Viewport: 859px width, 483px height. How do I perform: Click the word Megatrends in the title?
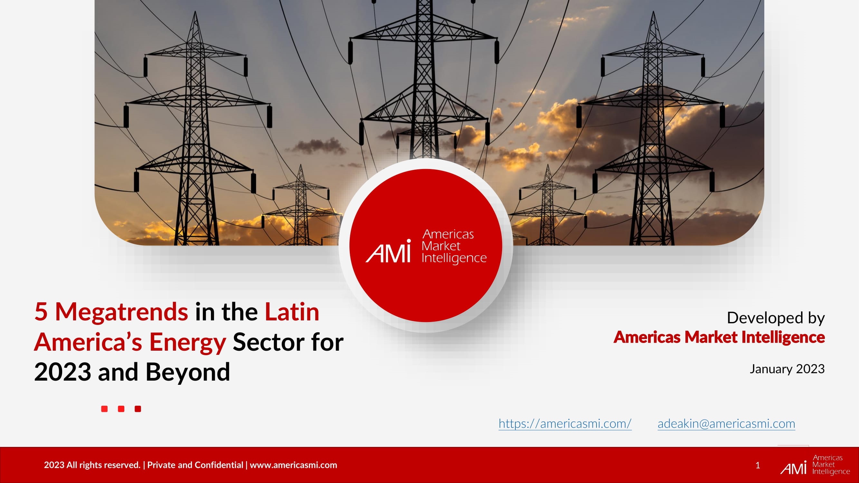pyautogui.click(x=122, y=312)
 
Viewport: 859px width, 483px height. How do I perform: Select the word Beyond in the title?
pyautogui.click(x=188, y=372)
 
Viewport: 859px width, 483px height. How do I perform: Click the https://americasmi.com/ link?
pyautogui.click(x=565, y=424)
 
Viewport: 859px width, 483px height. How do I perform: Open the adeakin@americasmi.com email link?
pyautogui.click(x=726, y=424)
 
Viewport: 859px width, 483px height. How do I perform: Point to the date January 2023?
pyautogui.click(x=787, y=369)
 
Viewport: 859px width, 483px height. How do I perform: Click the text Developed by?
pyautogui.click(x=776, y=318)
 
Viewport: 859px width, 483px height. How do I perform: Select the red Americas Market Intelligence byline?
pyautogui.click(x=719, y=337)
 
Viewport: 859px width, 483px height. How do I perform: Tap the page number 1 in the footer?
pyautogui.click(x=758, y=465)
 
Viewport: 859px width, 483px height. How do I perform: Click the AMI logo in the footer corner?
pyautogui.click(x=815, y=465)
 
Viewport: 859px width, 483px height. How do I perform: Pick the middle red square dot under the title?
pyautogui.click(x=121, y=409)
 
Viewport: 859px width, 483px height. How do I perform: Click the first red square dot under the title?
pyautogui.click(x=104, y=409)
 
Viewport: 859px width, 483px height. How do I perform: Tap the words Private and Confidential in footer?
pyautogui.click(x=195, y=465)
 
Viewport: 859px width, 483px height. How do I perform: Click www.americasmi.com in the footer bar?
pyautogui.click(x=293, y=465)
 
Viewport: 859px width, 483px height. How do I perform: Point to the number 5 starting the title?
pyautogui.click(x=41, y=312)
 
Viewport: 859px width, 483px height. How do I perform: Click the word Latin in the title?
pyautogui.click(x=292, y=312)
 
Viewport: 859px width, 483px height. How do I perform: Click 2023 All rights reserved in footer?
pyautogui.click(x=92, y=465)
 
